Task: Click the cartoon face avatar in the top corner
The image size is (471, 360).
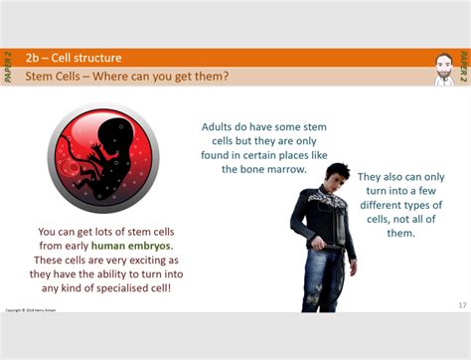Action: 443,68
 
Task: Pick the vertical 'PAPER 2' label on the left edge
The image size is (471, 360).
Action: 8,67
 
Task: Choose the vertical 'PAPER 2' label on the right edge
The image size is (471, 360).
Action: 463,67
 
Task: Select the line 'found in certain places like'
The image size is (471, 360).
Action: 263,155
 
